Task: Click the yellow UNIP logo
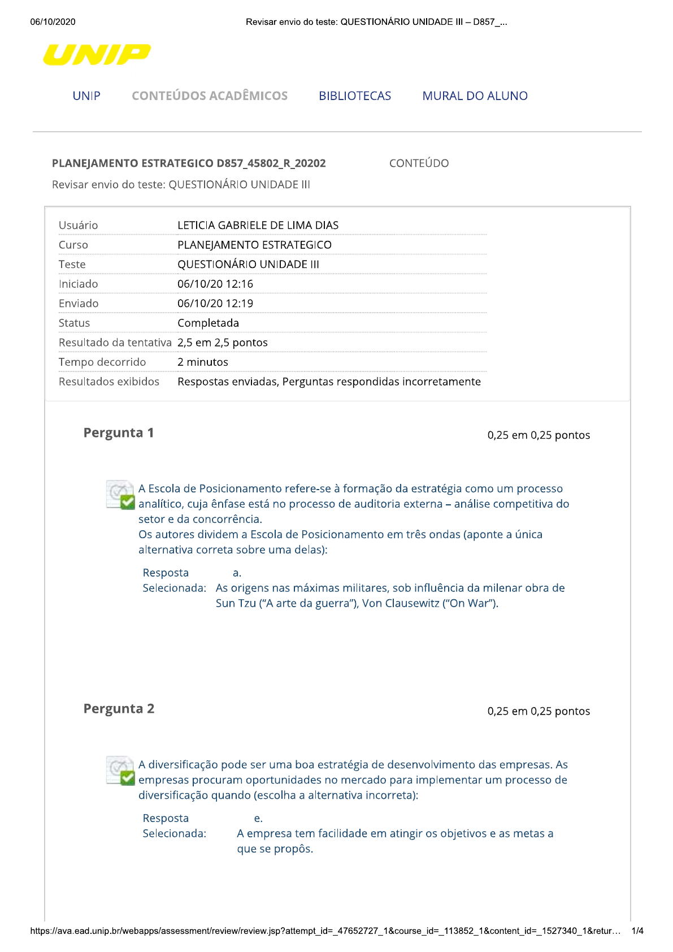97,55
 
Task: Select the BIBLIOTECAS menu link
355,96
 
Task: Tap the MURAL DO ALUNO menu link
475,96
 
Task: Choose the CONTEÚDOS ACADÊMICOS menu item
210,96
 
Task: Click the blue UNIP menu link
86,96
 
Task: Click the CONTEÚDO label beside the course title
419,163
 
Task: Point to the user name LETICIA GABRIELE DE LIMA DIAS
258,225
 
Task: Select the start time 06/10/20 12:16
215,284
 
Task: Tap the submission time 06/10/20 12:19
215,304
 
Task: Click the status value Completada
208,323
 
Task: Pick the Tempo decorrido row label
102,362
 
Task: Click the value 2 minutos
203,362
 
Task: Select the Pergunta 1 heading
119,433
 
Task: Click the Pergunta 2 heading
119,709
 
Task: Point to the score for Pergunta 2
539,711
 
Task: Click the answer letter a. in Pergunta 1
237,573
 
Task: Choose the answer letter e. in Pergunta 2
258,818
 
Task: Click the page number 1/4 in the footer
637,931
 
